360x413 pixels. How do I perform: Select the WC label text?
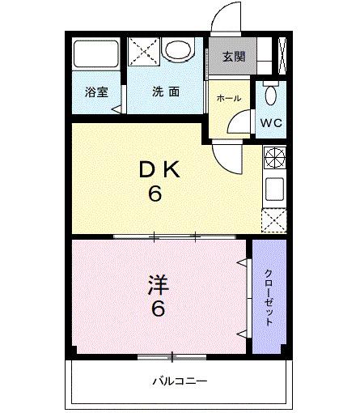tap(271, 124)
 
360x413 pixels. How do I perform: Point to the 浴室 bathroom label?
tap(96, 92)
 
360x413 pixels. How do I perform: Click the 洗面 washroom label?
tap(166, 92)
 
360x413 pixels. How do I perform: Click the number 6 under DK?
tap(155, 195)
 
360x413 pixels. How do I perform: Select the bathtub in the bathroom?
tap(96, 54)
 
